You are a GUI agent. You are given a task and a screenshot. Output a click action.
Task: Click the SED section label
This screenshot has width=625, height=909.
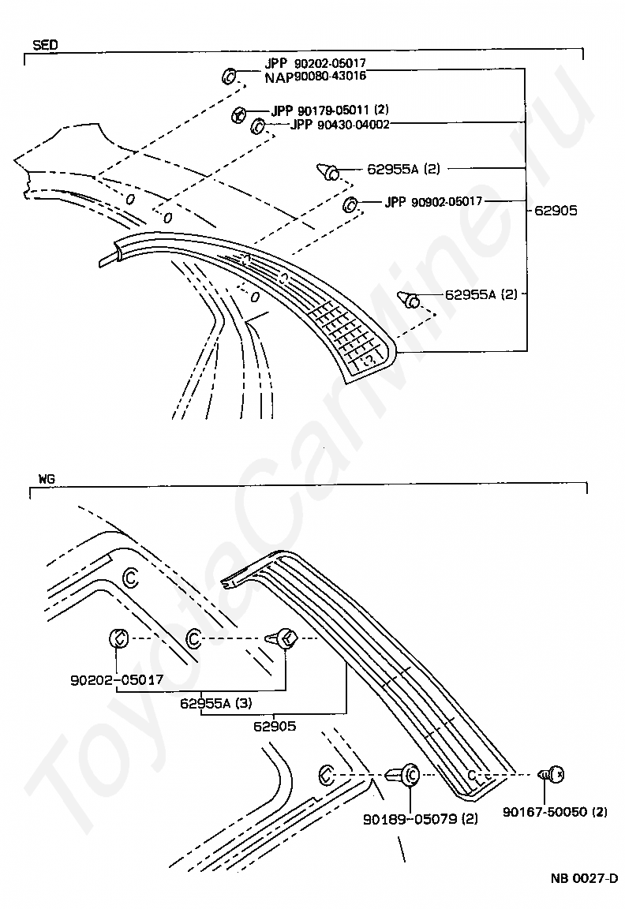coord(44,44)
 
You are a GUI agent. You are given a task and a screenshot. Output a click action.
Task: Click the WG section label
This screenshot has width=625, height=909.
coord(46,479)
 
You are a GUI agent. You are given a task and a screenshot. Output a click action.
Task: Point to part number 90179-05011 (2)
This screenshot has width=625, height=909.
coord(330,110)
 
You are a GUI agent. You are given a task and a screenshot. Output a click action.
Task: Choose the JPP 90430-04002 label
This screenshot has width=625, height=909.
coord(339,124)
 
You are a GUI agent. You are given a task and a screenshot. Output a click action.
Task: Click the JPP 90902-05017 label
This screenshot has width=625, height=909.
coord(433,202)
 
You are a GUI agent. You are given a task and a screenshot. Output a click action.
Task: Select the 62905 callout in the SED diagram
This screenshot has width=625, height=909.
coord(556,211)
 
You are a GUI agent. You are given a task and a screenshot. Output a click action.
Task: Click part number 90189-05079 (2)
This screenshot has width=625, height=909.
coord(421,819)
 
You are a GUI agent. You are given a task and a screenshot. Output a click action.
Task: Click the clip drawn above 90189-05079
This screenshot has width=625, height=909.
coord(406,776)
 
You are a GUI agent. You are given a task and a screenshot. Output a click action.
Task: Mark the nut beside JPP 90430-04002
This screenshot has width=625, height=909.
coord(257,126)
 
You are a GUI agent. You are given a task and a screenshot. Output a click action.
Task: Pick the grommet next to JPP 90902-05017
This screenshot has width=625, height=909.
coord(350,206)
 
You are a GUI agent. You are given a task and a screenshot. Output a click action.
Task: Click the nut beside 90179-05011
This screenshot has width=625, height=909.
coord(238,115)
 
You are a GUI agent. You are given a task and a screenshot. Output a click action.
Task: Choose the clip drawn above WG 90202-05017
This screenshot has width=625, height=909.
coord(117,638)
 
